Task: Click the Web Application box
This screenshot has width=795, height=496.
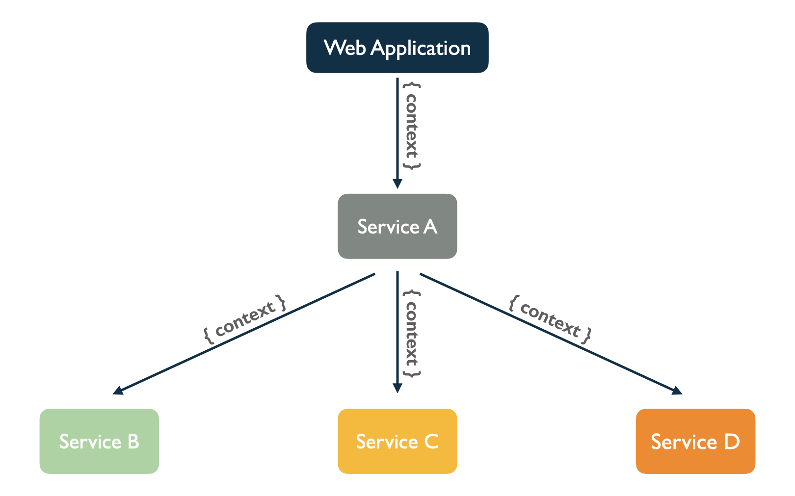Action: (x=397, y=48)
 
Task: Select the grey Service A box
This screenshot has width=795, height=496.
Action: (x=397, y=226)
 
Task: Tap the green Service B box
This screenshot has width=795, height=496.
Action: (x=99, y=441)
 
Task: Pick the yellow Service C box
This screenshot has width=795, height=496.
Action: (x=397, y=441)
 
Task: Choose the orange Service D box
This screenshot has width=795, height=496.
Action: (x=695, y=441)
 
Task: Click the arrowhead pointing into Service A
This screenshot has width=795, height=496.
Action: (x=397, y=184)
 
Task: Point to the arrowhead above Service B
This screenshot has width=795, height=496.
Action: (x=118, y=391)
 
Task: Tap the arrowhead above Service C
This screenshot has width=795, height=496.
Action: (x=397, y=388)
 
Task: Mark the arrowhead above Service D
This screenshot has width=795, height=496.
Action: (x=677, y=391)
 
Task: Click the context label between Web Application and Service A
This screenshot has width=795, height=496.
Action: (x=412, y=126)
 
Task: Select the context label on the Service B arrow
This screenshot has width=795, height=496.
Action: (x=245, y=319)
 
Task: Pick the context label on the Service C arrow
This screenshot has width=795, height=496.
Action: (x=412, y=334)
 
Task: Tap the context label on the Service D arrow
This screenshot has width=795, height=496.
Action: (x=550, y=319)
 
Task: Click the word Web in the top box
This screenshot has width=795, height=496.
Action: (x=344, y=47)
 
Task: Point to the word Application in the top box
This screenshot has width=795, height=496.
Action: (x=421, y=49)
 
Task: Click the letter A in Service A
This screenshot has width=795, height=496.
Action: (x=430, y=226)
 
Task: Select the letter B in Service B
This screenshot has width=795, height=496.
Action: (x=133, y=442)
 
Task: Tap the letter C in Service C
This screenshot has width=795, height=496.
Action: (x=431, y=442)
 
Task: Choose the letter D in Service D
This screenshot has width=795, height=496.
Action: (x=732, y=442)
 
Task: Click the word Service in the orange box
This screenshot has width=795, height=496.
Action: (x=684, y=442)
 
